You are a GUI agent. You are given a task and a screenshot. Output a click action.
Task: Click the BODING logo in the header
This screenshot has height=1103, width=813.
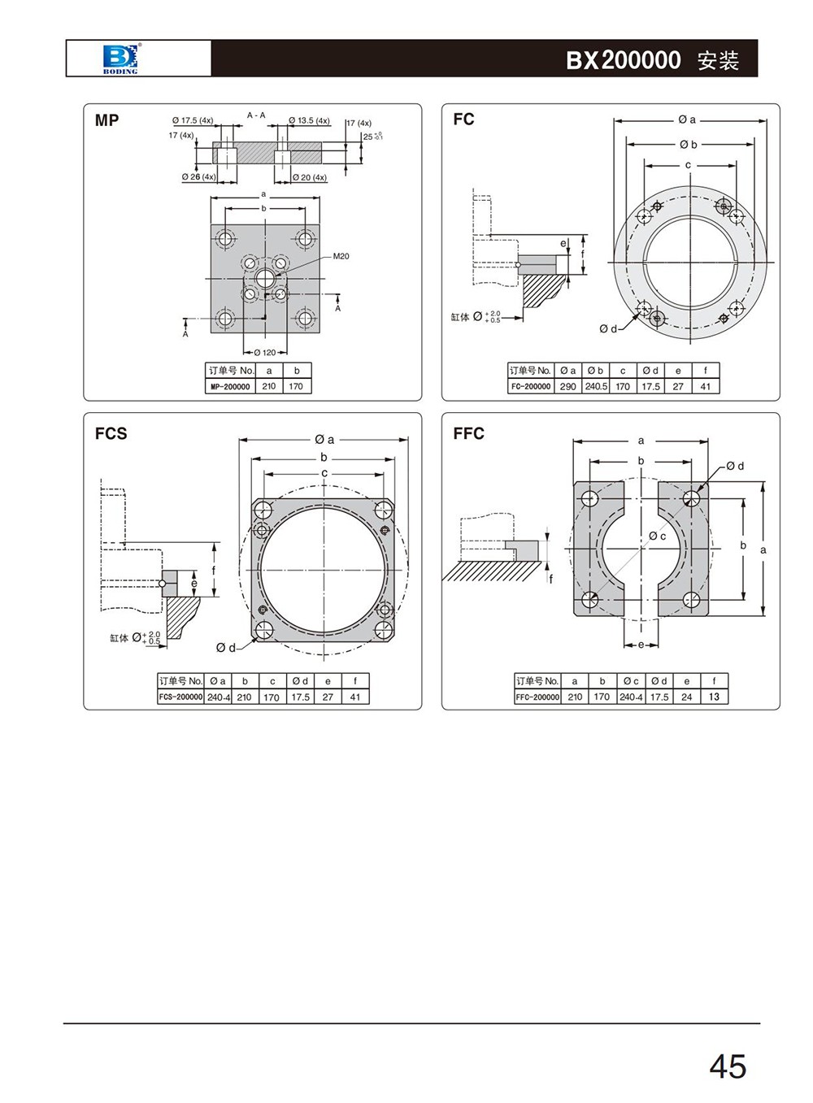(x=120, y=59)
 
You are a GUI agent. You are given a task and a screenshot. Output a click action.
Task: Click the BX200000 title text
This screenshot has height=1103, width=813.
(x=624, y=60)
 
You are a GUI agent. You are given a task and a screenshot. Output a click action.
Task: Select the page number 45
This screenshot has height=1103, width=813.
(x=727, y=1066)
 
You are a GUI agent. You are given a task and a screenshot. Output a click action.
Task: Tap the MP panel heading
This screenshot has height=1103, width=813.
(x=107, y=120)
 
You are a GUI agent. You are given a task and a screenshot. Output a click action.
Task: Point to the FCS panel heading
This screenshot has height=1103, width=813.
(x=111, y=433)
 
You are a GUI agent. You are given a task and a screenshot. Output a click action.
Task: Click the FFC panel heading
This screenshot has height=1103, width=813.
(x=468, y=433)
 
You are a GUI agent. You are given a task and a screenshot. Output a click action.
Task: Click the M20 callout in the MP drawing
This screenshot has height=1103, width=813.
(x=341, y=256)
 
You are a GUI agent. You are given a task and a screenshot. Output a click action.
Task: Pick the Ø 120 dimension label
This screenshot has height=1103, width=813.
(x=265, y=353)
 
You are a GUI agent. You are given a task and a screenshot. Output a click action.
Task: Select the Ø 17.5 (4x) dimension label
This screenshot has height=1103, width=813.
(x=193, y=120)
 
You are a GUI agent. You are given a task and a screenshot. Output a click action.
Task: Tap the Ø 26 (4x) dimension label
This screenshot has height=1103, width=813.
(x=198, y=176)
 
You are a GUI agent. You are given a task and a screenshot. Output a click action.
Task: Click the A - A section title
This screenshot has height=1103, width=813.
(x=256, y=115)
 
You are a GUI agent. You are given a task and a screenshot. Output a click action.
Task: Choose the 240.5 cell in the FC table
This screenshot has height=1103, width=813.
(x=596, y=387)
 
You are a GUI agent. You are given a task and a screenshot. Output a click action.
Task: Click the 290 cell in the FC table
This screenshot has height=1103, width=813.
(x=567, y=387)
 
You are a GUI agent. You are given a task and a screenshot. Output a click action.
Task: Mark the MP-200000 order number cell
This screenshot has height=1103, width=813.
(x=230, y=387)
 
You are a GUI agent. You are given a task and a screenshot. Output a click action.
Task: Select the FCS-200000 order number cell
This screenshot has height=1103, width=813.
(x=180, y=697)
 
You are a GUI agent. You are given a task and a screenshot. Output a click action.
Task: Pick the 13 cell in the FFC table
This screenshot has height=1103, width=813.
(x=714, y=697)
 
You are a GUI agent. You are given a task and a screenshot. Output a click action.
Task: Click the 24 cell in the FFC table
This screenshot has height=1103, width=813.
(x=687, y=697)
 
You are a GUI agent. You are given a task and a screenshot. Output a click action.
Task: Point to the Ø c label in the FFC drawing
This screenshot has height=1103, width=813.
(x=657, y=536)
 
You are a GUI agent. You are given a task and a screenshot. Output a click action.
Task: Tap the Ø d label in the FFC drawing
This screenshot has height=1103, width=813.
(x=735, y=466)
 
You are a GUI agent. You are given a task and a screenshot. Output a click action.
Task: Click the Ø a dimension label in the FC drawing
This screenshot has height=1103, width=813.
(x=687, y=119)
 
